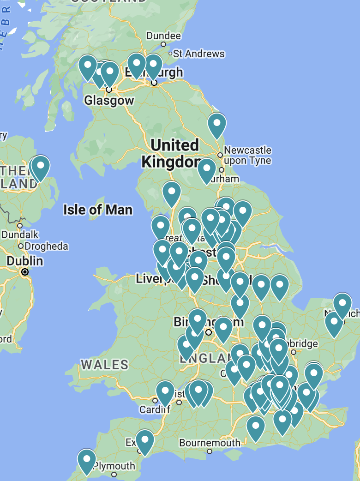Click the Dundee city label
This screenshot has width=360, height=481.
tap(163, 36)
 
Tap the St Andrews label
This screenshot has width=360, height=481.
tap(198, 54)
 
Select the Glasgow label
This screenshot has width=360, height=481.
tap(109, 100)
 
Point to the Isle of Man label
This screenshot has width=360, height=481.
tap(98, 210)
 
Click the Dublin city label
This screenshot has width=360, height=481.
tap(25, 261)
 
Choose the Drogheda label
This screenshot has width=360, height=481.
tap(46, 246)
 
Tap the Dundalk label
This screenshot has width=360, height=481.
tap(20, 234)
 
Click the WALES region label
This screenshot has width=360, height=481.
tap(105, 365)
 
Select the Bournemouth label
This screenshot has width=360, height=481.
tap(210, 443)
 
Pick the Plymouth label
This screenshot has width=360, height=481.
tap(114, 466)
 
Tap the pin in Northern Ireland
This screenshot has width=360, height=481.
tap(40, 167)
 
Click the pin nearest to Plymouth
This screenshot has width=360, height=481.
tap(86, 460)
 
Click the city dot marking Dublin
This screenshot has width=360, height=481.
tap(25, 272)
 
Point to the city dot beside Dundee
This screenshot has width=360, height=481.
tap(163, 44)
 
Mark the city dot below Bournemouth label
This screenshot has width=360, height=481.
tap(210, 451)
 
